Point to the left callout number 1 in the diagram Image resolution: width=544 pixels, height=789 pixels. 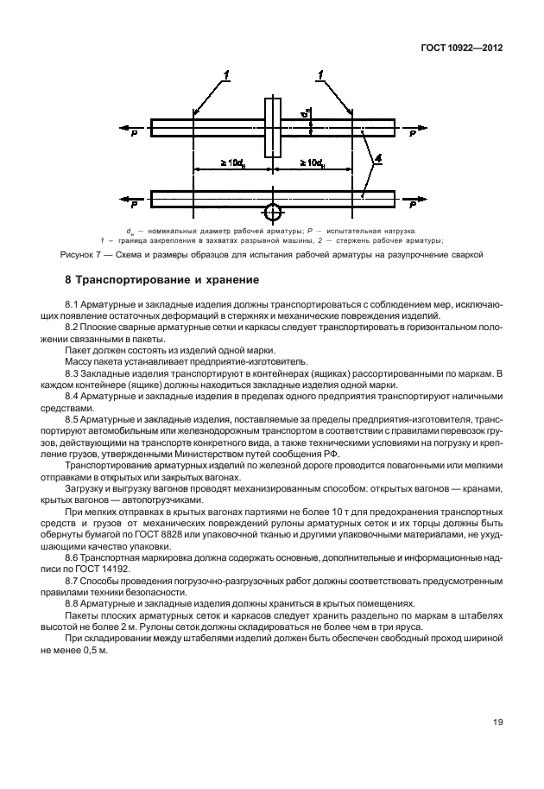[227, 78]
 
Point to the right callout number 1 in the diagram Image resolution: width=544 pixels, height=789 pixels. [321, 78]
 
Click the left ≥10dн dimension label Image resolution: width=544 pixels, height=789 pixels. [230, 162]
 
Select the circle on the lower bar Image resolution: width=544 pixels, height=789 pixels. [273, 211]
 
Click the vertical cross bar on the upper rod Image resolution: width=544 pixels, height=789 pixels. [273, 125]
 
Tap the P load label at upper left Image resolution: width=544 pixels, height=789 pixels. [134, 135]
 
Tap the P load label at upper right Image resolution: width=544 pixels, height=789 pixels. [413, 135]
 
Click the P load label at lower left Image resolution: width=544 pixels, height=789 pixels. [134, 207]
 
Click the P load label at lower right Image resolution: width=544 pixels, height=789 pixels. [413, 207]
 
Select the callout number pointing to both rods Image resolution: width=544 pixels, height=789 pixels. [377, 162]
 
